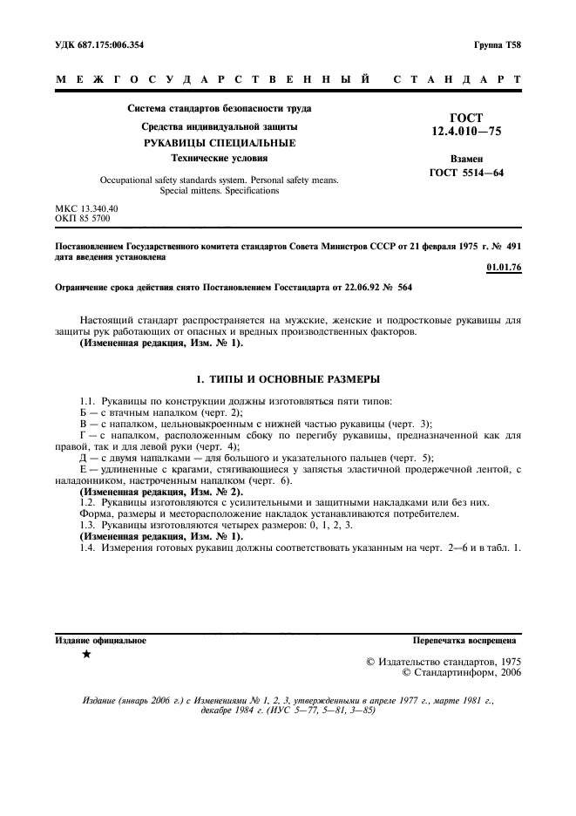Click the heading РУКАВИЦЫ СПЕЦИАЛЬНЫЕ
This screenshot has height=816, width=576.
tap(219, 142)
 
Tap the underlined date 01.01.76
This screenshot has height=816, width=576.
tap(504, 267)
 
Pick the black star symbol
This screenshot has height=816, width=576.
tap(85, 654)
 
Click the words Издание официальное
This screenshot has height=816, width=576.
tap(101, 640)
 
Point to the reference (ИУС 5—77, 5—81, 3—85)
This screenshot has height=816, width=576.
tap(323, 711)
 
